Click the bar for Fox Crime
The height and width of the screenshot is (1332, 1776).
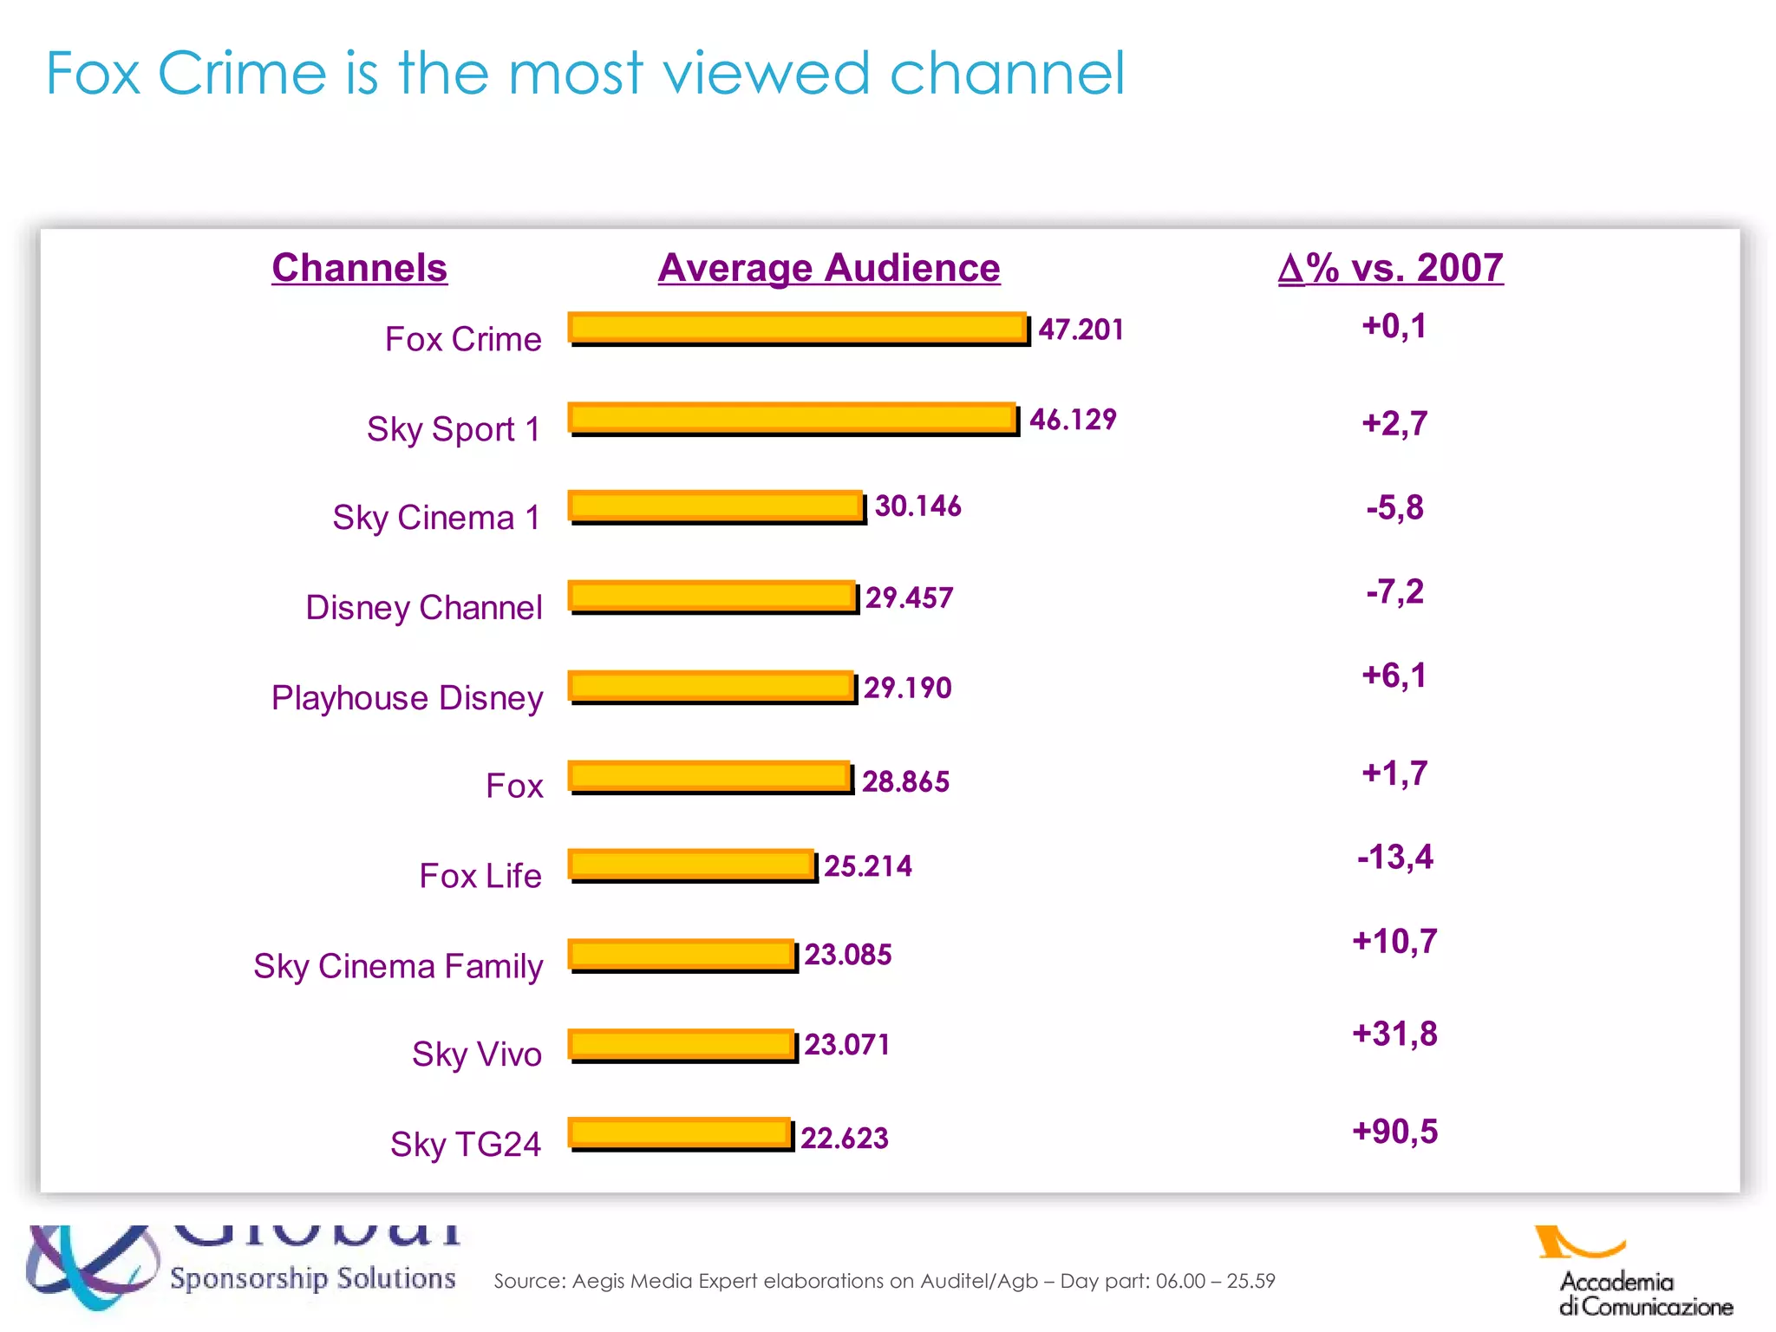tap(798, 329)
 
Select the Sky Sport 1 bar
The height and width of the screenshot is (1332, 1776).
tap(793, 419)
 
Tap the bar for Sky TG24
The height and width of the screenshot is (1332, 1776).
tap(680, 1134)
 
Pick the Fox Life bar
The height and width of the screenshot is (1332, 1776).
tap(692, 865)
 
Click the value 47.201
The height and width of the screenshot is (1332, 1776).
tap(1081, 330)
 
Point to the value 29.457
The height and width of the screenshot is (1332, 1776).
tap(909, 597)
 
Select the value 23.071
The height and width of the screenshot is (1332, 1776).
tap(846, 1044)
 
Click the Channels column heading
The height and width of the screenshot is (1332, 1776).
tap(359, 268)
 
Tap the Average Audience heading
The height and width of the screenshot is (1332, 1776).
tap(828, 268)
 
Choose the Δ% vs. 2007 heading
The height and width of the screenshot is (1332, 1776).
tap(1390, 268)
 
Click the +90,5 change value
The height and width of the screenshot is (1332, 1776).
tap(1394, 1132)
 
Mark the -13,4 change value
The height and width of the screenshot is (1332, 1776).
tap(1394, 857)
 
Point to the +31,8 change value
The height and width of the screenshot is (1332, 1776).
tap(1394, 1034)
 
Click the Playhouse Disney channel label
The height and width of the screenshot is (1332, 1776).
tap(407, 698)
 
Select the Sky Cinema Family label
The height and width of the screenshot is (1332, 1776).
tap(398, 966)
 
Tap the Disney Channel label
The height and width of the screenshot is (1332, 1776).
tap(424, 608)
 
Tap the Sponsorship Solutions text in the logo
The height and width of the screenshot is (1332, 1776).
tap(312, 1278)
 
